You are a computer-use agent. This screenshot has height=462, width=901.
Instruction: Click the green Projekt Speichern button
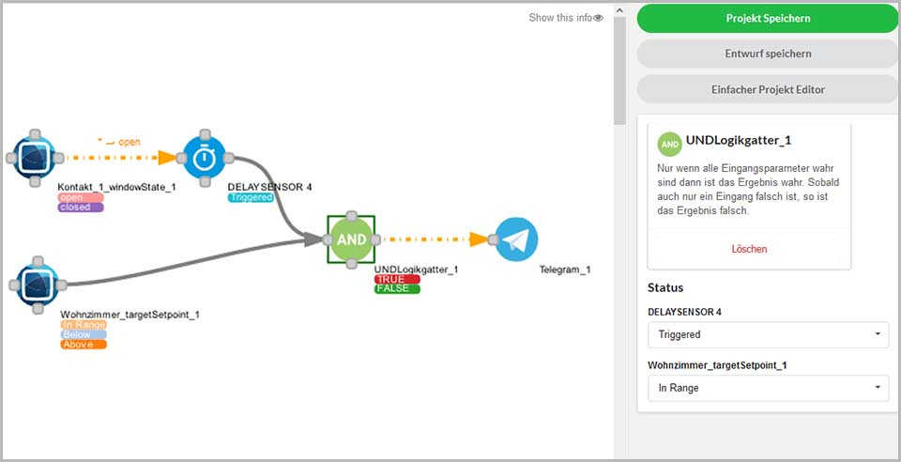click(x=768, y=19)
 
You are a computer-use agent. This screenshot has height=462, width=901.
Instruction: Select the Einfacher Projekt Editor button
click(x=768, y=89)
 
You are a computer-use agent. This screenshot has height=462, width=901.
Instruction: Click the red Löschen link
click(x=749, y=249)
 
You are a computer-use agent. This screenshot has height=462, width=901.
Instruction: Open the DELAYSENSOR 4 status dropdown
click(x=769, y=334)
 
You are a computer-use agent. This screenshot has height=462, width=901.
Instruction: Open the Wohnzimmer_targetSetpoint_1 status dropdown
click(x=769, y=388)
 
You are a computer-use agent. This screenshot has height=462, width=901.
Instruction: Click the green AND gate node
click(x=351, y=239)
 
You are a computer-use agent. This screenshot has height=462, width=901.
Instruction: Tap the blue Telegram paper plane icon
click(x=516, y=239)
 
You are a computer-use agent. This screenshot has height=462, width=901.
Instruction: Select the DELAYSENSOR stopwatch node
click(x=205, y=158)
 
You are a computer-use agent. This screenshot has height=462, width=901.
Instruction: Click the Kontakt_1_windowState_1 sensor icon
click(x=34, y=158)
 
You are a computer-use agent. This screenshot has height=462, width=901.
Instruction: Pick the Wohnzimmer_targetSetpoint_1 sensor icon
click(x=38, y=285)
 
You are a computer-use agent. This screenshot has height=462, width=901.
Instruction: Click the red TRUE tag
click(x=397, y=279)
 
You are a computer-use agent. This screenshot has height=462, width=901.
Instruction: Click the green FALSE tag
click(x=397, y=288)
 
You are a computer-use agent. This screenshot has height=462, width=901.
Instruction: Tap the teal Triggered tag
click(x=251, y=197)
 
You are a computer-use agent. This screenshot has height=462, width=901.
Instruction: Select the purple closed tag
click(x=81, y=208)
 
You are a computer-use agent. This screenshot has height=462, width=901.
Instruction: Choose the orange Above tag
click(x=84, y=345)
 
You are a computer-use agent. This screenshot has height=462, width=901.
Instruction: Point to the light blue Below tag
click(x=84, y=335)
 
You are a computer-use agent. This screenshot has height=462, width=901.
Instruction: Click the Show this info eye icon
click(x=598, y=18)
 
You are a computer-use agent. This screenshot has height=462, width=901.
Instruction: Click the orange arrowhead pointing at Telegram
click(x=479, y=239)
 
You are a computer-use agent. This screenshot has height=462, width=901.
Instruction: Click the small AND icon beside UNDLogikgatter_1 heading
click(x=669, y=145)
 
